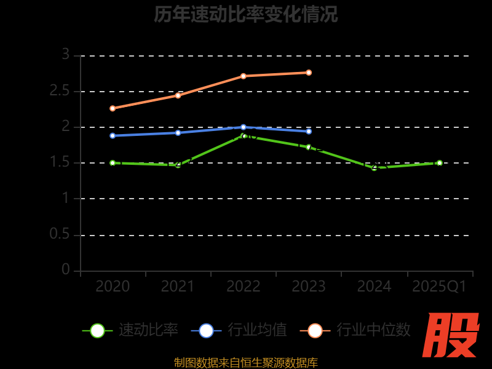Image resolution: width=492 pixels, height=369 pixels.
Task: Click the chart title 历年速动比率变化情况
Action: (246, 15)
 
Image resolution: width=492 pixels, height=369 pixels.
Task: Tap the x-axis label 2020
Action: (113, 286)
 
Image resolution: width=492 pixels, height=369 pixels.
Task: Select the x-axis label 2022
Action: (244, 286)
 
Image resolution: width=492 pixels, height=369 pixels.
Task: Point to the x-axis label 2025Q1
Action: (439, 286)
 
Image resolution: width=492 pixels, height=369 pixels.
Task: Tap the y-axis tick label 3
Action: (65, 55)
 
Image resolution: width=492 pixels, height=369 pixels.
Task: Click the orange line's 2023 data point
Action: (309, 73)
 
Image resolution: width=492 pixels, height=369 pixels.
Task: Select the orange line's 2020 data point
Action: (113, 108)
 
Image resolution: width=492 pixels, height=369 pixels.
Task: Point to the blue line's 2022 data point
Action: (244, 127)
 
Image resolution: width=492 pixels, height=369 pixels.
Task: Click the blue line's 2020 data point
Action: (113, 135)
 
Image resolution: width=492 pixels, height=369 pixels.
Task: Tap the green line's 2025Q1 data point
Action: (439, 163)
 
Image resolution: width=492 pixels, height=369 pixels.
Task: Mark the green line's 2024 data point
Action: (374, 167)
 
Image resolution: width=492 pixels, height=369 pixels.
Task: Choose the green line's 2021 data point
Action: (178, 165)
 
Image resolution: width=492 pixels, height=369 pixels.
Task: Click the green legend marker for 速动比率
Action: (97, 330)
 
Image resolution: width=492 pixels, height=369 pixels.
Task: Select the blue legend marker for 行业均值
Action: (206, 330)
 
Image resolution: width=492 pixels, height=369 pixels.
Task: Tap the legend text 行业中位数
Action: (373, 330)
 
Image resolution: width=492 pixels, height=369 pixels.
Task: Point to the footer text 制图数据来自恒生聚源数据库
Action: (246, 363)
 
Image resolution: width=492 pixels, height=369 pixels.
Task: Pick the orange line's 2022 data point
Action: (244, 76)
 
